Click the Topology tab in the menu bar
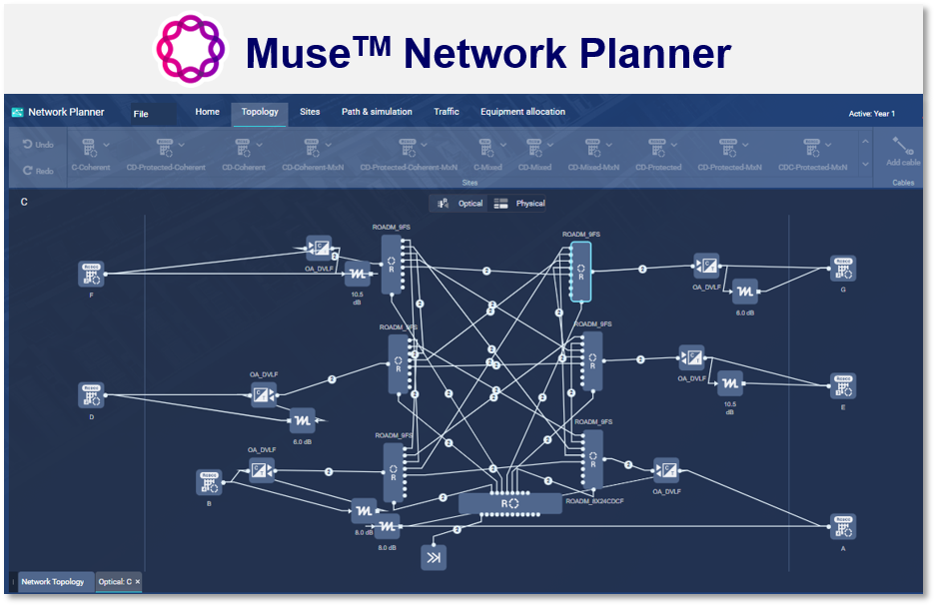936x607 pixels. pos(260,112)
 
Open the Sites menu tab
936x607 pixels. pos(310,112)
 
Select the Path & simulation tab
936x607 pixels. pos(377,112)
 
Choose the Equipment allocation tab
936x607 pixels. pos(522,112)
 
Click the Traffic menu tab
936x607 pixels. pos(447,112)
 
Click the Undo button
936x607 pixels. pos(38,145)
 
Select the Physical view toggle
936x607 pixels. pos(520,204)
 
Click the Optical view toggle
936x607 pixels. pos(461,204)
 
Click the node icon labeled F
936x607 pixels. pos(92,273)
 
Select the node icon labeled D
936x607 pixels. pos(92,394)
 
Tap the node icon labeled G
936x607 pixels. pos(842,269)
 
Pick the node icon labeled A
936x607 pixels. pos(842,526)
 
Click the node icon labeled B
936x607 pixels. pos(209,482)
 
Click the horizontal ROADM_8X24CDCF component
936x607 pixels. pos(510,504)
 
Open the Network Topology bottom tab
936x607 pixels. pos(53,581)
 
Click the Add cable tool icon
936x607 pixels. pos(902,151)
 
